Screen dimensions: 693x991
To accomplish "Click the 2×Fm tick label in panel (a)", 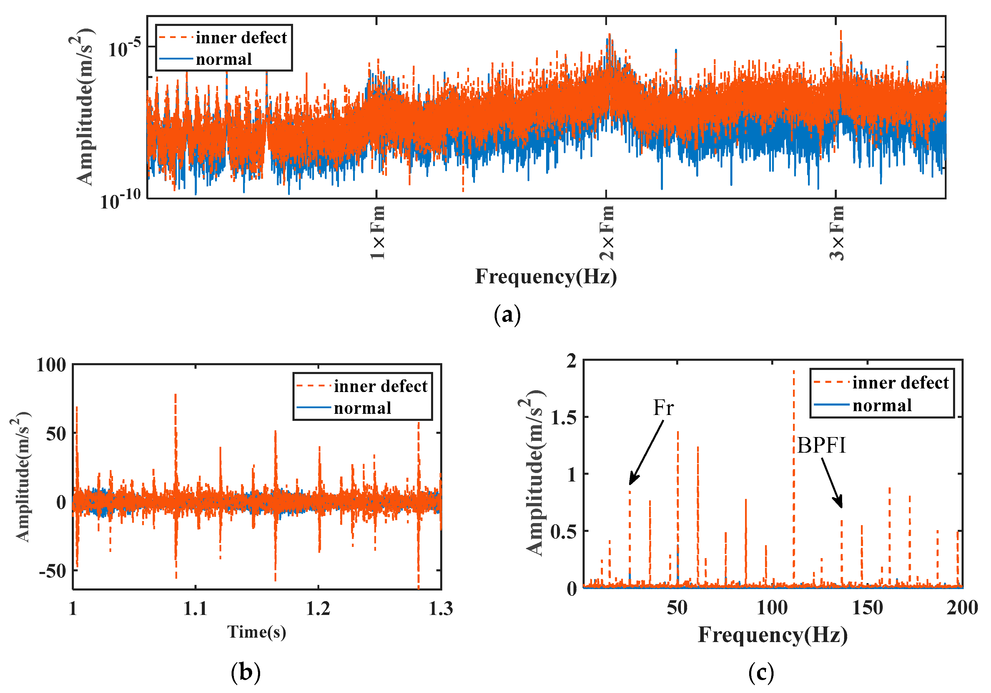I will tap(607, 232).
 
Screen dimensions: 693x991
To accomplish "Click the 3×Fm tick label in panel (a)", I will tap(837, 232).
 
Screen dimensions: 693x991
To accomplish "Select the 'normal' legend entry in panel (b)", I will tap(363, 408).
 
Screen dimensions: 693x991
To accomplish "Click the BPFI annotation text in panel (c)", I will tap(821, 445).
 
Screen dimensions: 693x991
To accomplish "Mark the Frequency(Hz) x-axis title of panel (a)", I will tap(546, 277).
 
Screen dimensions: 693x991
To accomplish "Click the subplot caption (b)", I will tap(246, 672).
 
